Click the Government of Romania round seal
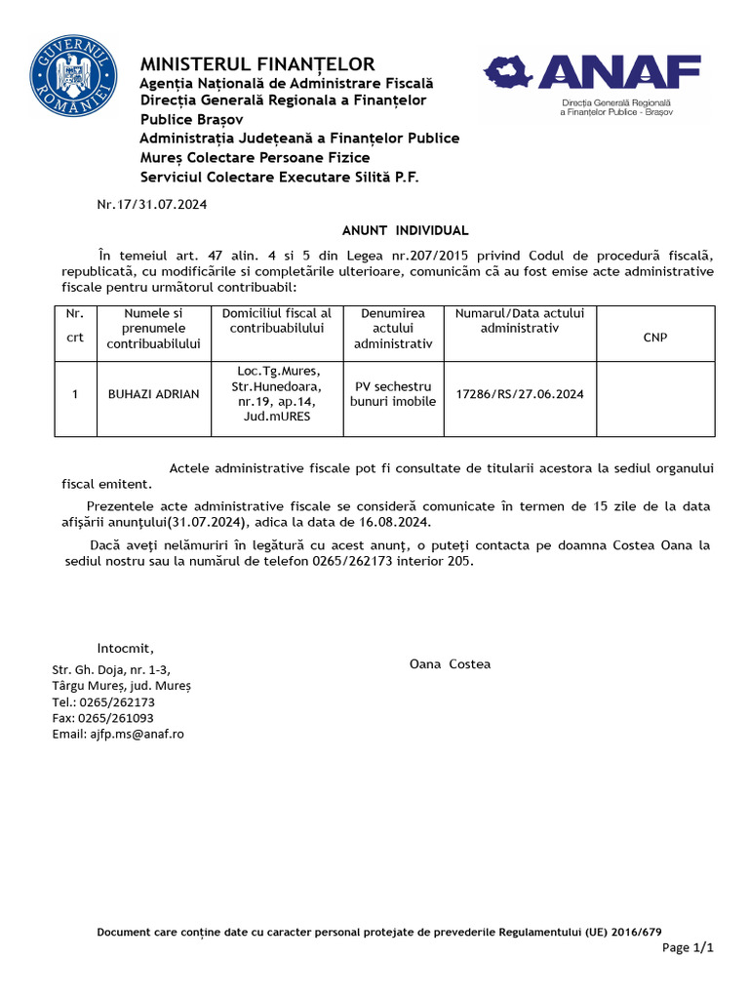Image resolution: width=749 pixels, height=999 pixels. [74, 75]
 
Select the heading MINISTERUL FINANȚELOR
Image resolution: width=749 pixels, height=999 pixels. [257, 64]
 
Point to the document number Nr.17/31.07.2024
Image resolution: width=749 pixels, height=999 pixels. [152, 205]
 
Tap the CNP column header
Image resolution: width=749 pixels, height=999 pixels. [655, 337]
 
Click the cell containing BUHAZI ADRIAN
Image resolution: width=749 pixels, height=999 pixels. [153, 394]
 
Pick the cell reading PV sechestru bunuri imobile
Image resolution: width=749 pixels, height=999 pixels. [393, 394]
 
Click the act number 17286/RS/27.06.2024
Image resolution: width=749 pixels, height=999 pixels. [520, 394]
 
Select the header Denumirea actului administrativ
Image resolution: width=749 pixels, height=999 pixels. [393, 329]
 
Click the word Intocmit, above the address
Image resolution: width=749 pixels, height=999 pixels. [125, 649]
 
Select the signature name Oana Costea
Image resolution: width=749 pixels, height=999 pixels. [450, 664]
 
